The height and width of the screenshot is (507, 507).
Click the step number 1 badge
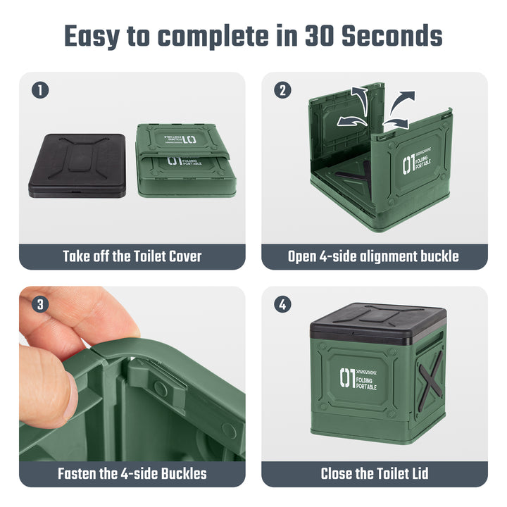point(40,90)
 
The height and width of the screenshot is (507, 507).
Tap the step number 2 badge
point(282,90)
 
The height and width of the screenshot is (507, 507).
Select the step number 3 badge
point(40,305)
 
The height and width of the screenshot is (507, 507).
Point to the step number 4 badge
point(282,305)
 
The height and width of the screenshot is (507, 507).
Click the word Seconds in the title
point(392,35)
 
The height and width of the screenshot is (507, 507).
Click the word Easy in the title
point(92,37)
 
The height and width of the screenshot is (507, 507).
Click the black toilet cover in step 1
point(77,165)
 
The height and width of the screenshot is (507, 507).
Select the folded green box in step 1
point(186,161)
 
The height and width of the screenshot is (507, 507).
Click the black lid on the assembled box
point(378,324)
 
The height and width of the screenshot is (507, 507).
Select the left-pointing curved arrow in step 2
point(351,122)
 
